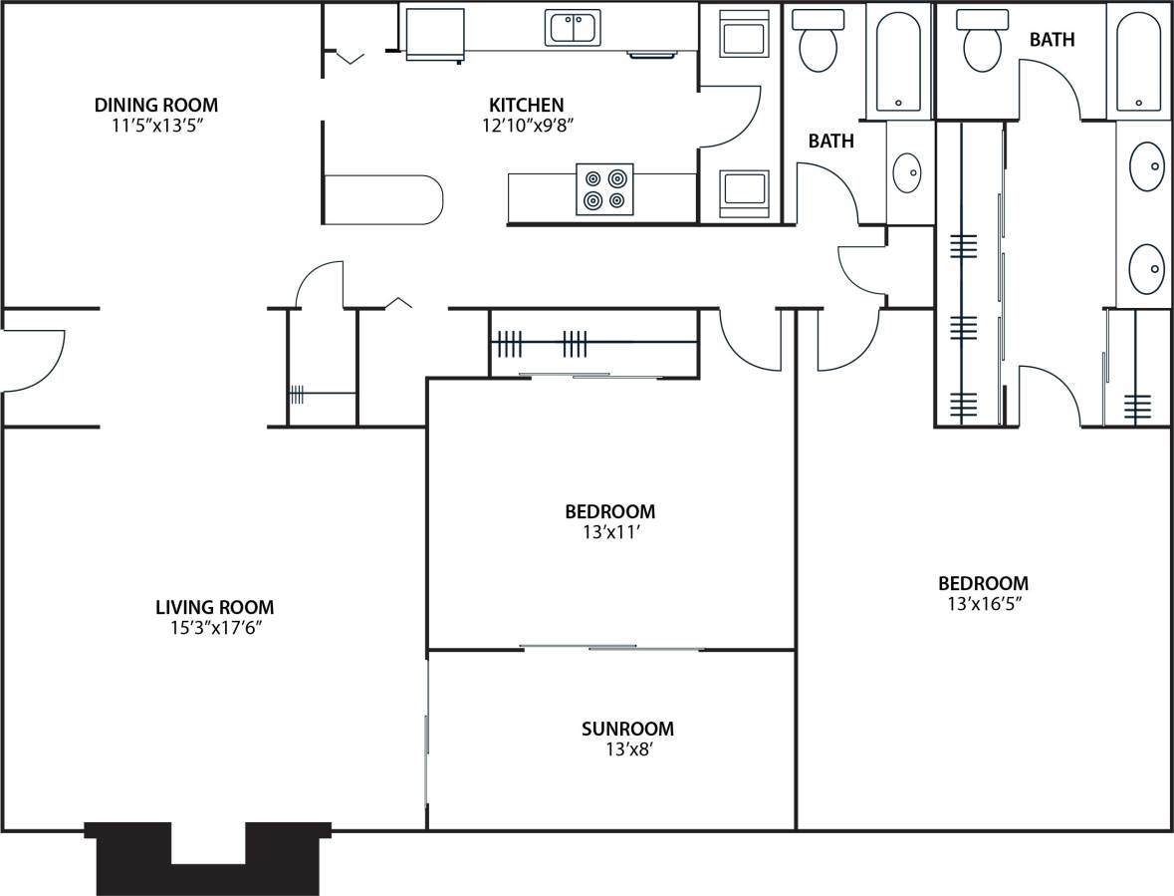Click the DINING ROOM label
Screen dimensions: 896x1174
(156, 105)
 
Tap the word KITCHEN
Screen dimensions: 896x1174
(526, 105)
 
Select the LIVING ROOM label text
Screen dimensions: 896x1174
(214, 607)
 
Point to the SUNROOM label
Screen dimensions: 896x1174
(627, 729)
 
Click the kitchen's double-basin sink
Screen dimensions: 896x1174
(573, 27)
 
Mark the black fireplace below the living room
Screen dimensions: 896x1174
(207, 857)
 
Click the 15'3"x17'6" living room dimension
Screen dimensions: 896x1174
(214, 628)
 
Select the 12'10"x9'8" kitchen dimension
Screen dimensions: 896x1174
(526, 126)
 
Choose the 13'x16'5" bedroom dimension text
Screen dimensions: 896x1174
(983, 604)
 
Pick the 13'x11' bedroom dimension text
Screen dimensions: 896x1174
(609, 533)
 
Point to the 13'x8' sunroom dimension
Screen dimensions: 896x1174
(627, 749)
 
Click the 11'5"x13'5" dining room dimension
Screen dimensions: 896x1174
(156, 126)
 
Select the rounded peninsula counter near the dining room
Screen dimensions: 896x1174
(383, 199)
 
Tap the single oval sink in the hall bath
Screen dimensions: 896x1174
(907, 172)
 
